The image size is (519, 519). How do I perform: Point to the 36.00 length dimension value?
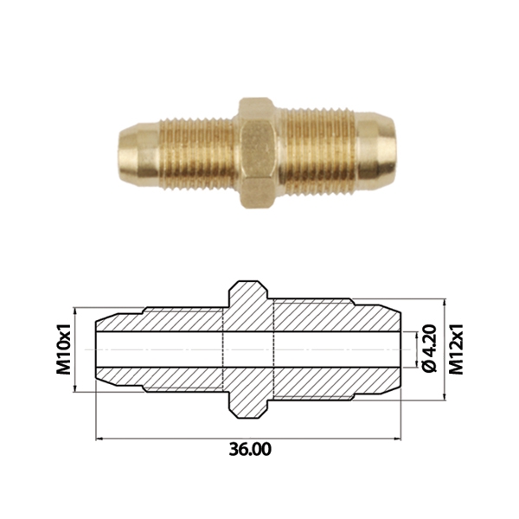pos(250,450)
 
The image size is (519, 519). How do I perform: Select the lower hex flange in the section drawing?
pos(248,400)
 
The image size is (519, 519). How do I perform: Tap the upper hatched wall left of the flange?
pos(173,318)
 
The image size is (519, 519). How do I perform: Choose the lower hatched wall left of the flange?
pos(173,378)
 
